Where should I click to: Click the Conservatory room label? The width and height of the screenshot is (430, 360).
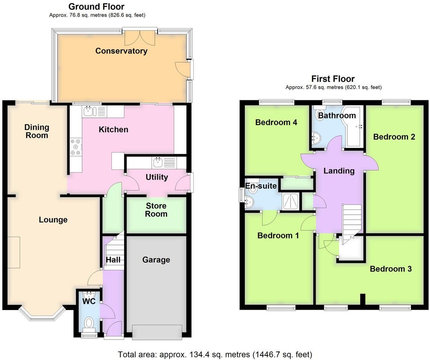[121, 51]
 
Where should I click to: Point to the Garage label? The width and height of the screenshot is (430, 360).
[156, 260]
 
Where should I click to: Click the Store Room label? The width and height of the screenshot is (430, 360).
[156, 210]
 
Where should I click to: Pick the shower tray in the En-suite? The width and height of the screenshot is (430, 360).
[291, 202]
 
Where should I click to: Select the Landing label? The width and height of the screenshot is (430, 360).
[338, 171]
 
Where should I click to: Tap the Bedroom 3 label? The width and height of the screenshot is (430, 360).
[391, 269]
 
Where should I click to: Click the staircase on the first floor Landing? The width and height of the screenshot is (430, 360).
[351, 221]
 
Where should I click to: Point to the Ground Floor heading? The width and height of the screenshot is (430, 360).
[97, 6]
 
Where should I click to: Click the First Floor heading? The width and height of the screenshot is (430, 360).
[333, 79]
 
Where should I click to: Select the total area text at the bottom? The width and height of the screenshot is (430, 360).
[215, 354]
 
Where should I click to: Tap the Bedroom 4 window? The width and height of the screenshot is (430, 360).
[276, 101]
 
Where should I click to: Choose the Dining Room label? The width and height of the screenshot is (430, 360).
[37, 131]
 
